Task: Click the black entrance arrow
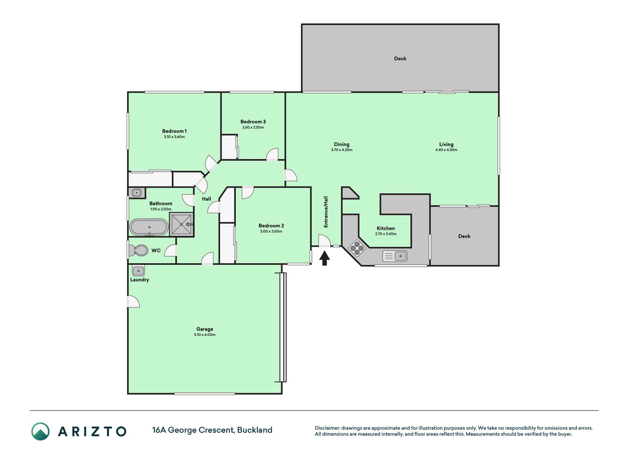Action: point(324,258)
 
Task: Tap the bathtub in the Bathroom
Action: point(149,227)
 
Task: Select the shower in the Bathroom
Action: point(182,224)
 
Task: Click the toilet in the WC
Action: point(137,251)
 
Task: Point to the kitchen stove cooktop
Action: point(357,248)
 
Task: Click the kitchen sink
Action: point(395,256)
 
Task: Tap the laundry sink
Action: point(138,271)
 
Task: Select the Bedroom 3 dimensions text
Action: point(253,128)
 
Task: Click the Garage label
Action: point(205,329)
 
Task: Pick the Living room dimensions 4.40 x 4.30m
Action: point(446,150)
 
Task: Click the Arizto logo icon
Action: point(40,431)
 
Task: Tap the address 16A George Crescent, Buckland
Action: point(212,430)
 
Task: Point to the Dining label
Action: point(341,144)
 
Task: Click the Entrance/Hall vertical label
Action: point(326,212)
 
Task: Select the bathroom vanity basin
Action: point(137,193)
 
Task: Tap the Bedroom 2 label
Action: point(271,226)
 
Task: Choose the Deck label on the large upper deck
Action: point(400,58)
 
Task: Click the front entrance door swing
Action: point(324,240)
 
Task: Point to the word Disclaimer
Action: point(327,428)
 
